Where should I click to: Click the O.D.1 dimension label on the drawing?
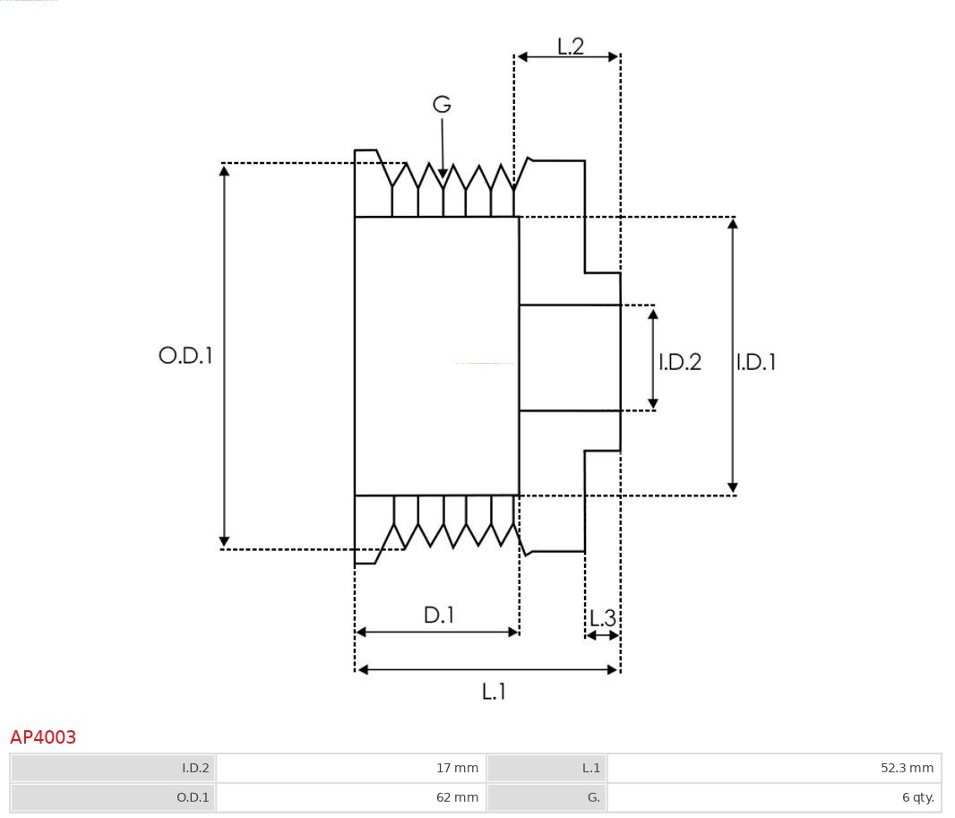(x=185, y=356)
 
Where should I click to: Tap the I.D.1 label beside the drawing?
(x=755, y=362)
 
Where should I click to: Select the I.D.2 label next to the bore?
(x=680, y=362)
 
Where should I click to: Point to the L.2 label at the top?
(x=571, y=46)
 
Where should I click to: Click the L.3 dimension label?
(x=602, y=618)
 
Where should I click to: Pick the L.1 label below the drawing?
(x=494, y=692)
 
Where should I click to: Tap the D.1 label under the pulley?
(x=439, y=616)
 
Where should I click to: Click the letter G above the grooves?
(x=442, y=105)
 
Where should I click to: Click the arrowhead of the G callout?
(x=443, y=173)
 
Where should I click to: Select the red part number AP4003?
(x=43, y=737)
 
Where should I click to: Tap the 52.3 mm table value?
(x=907, y=768)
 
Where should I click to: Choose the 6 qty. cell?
(x=917, y=797)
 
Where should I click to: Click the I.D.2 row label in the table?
(x=195, y=768)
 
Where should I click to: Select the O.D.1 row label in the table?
(x=193, y=797)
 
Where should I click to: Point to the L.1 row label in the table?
(x=590, y=768)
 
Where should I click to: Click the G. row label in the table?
(x=593, y=797)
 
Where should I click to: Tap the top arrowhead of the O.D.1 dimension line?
(x=224, y=169)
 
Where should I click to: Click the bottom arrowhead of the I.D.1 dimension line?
(x=733, y=488)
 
